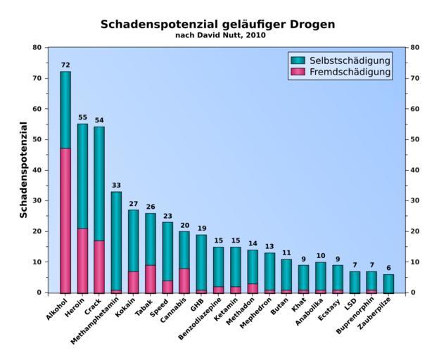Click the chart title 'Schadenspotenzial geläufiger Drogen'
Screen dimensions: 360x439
(x=217, y=24)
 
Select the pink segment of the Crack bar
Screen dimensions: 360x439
(x=99, y=266)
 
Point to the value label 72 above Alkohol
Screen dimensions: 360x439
(x=65, y=65)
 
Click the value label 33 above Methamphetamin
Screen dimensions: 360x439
(x=116, y=185)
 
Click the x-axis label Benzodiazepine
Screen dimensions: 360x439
(x=201, y=316)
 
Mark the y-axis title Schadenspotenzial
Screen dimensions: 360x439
(x=23, y=169)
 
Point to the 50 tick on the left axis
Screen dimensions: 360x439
(x=37, y=139)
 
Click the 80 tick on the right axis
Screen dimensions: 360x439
(x=414, y=47)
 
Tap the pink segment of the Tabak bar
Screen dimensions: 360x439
(x=150, y=278)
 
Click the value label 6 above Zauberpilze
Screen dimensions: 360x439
(x=388, y=268)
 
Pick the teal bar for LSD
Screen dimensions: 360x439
(x=355, y=281)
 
